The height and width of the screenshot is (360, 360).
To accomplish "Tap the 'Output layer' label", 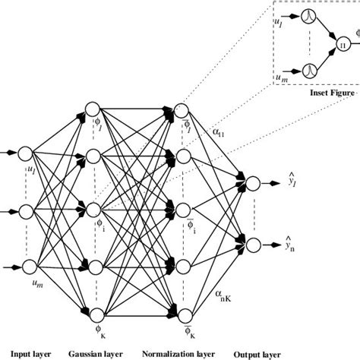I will [262, 354].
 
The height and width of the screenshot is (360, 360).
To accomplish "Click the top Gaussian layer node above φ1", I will [93, 109].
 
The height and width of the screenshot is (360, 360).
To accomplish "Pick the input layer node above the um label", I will [31, 264].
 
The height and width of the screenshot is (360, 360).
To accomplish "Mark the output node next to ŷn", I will [253, 243].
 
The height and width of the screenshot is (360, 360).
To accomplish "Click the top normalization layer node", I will [183, 109].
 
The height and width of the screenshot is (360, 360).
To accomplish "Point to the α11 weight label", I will [220, 131].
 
